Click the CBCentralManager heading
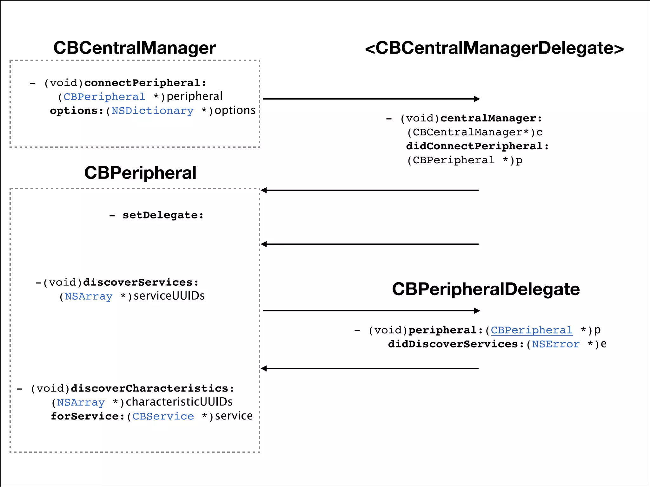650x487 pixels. [134, 48]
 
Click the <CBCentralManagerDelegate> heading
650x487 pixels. [494, 48]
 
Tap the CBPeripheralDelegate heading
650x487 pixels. [486, 289]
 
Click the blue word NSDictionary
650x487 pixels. [152, 111]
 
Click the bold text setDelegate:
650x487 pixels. [163, 215]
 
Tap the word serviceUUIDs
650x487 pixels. [169, 296]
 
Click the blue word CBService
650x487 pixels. [163, 416]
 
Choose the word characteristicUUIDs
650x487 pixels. [179, 402]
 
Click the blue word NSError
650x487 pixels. [555, 344]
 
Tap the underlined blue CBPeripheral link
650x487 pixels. [532, 330]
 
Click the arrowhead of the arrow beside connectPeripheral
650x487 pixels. [477, 99]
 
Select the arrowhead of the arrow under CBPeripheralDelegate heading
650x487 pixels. [477, 311]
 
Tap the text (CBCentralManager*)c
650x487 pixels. [475, 132]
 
